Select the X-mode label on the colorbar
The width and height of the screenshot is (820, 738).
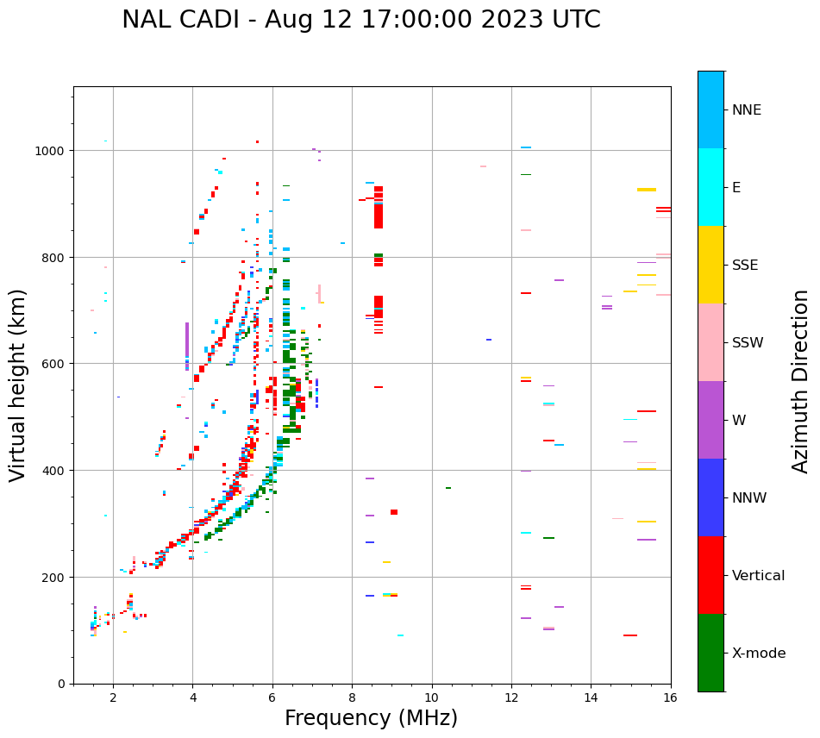tap(759, 654)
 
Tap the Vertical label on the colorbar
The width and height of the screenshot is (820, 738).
tap(759, 576)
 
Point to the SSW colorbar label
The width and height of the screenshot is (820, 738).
tap(748, 343)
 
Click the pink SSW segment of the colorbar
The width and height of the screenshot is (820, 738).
tap(710, 342)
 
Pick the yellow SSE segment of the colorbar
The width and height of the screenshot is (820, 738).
tap(710, 265)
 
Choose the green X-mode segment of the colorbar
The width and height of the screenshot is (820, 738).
tap(710, 653)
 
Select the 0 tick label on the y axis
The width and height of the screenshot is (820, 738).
tap(61, 684)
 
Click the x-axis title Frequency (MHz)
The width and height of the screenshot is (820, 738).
tap(371, 719)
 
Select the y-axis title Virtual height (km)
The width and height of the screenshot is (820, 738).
tap(18, 385)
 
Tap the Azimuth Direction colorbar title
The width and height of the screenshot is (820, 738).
tap(801, 381)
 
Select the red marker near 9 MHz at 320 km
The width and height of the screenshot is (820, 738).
tap(394, 512)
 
